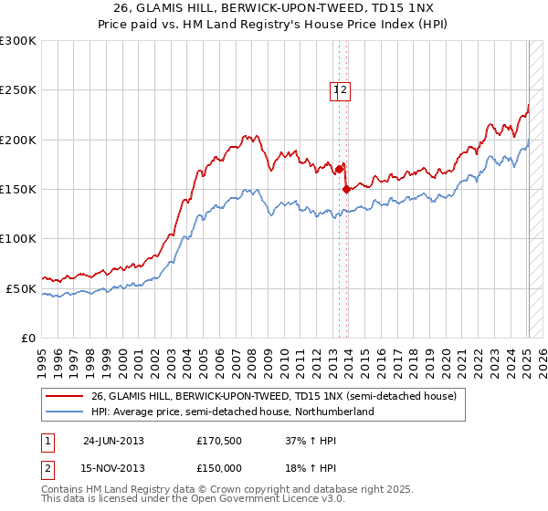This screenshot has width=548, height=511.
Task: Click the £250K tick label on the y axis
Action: coord(19,90)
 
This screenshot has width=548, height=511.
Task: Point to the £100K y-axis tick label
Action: coord(19,238)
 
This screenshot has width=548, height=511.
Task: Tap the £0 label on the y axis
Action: coord(27,338)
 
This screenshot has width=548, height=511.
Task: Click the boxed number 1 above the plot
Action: coord(335,89)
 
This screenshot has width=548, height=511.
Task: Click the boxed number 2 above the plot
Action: coord(344,89)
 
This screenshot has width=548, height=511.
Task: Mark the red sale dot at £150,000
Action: coord(346,189)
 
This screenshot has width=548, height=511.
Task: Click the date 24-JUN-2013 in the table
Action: coord(113,441)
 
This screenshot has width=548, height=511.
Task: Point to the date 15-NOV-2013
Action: coord(113,468)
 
